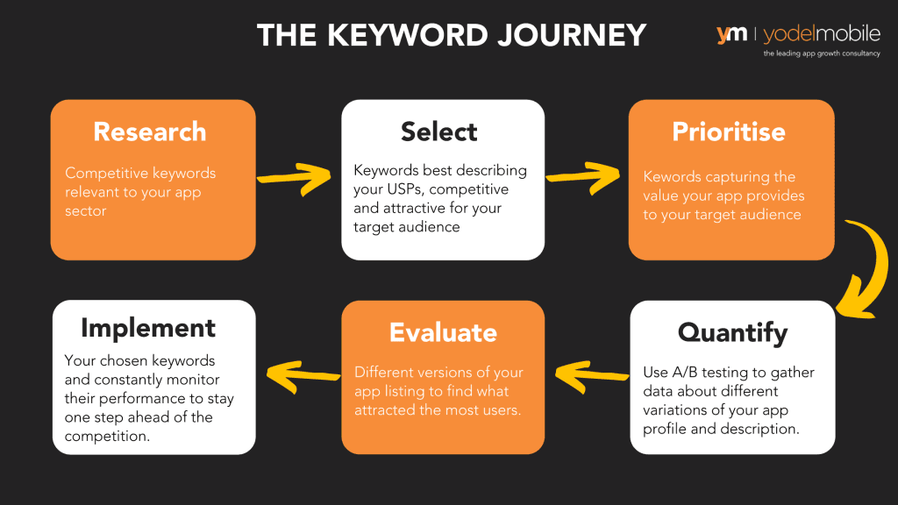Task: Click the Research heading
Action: point(149,132)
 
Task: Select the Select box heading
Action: point(439,132)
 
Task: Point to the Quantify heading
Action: point(732,333)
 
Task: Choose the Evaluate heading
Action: point(443,333)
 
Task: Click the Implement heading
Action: point(148,328)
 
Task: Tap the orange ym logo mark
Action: point(731,34)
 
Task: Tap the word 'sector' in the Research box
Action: point(86,210)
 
